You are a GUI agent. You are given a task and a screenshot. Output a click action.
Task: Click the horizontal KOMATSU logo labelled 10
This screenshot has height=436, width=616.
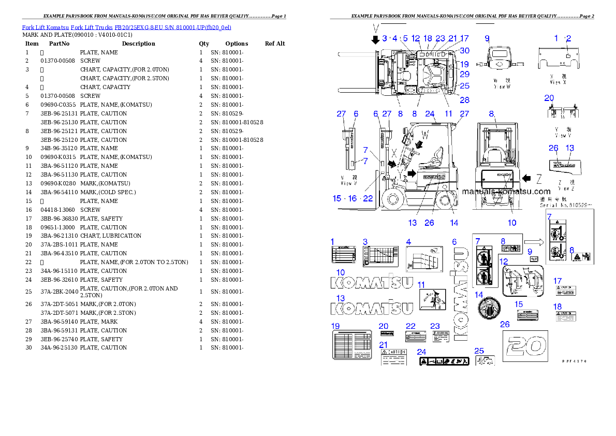[x=372, y=283]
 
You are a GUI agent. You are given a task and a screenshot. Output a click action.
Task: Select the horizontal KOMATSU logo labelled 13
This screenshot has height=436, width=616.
[x=372, y=309]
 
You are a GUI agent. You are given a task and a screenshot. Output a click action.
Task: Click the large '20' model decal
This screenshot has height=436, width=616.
[x=525, y=345]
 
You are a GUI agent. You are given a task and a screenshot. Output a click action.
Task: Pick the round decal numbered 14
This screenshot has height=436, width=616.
[x=489, y=309]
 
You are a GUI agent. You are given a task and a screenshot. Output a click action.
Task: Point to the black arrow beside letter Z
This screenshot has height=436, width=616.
[x=526, y=179]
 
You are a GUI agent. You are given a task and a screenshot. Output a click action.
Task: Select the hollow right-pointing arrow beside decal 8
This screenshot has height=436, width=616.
[x=532, y=241]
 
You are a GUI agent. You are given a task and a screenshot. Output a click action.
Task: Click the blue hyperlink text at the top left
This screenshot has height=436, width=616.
[x=126, y=27]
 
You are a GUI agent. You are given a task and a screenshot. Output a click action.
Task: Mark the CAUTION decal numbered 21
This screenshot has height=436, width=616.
[x=393, y=357]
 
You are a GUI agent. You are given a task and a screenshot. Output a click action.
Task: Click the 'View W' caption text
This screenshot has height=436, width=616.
[x=501, y=84]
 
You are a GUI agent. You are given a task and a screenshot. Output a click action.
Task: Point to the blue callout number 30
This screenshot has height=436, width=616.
[x=464, y=51]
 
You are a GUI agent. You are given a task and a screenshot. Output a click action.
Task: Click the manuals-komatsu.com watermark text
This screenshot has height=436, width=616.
[x=506, y=192]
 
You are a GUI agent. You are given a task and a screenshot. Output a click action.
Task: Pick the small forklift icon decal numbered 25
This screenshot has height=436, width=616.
[x=485, y=360]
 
